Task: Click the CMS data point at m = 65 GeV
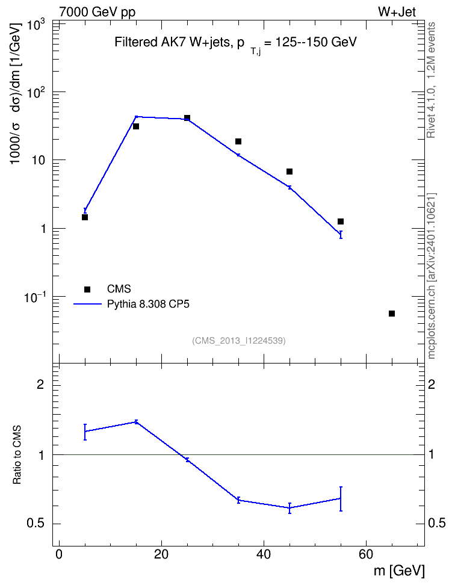[392, 314]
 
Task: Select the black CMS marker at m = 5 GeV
[85, 217]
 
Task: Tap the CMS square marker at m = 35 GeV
[238, 141]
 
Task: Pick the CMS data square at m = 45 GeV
[290, 172]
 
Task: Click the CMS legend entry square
[87, 289]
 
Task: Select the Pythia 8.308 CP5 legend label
[148, 304]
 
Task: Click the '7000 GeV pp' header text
[97, 12]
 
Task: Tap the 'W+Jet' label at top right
[397, 12]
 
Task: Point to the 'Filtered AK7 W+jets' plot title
[172, 42]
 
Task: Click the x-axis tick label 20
[161, 554]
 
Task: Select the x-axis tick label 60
[366, 554]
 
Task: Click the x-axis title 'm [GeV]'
[399, 571]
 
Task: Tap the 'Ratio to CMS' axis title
[17, 455]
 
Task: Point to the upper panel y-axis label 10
[38, 160]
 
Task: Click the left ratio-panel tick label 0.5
[36, 524]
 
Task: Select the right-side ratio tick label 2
[432, 384]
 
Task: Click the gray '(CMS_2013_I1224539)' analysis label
[239, 341]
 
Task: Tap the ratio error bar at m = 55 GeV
[341, 499]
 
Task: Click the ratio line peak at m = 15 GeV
[136, 422]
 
